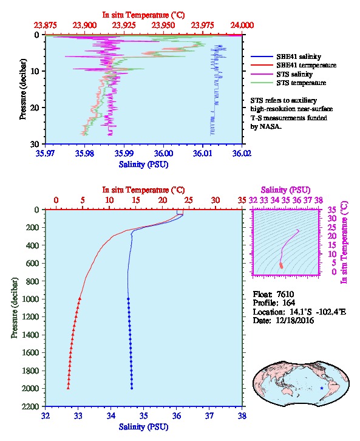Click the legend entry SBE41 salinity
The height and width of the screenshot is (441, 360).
[299, 56]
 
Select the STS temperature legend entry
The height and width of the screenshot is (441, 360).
[301, 83]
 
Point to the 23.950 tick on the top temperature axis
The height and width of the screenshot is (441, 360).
[163, 26]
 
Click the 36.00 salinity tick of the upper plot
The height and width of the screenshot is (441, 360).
[163, 153]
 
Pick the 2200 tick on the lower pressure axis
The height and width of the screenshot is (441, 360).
[30, 406]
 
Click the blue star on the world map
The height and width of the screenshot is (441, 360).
[322, 388]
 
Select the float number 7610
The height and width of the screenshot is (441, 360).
[285, 294]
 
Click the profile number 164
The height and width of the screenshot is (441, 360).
[288, 303]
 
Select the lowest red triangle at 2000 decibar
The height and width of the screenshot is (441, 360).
[68, 388]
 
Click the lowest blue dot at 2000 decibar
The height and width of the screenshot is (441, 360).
[132, 388]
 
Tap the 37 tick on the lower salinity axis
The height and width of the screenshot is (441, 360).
[209, 415]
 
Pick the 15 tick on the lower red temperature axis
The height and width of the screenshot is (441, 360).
[136, 200]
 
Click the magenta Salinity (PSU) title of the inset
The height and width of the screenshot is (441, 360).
[285, 190]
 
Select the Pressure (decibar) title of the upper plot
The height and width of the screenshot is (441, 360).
[23, 89]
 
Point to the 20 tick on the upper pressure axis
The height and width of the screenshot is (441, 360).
[35, 108]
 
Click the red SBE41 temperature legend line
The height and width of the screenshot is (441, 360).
[262, 65]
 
